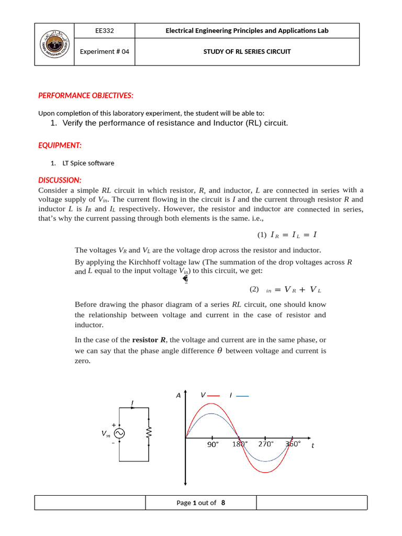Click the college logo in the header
click(54, 44)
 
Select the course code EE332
click(104, 31)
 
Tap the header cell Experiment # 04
click(104, 51)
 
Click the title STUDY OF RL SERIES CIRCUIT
click(247, 51)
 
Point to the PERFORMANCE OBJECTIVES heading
click(86, 95)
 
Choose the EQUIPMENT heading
click(60, 145)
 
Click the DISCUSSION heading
click(60, 180)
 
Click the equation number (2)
click(254, 289)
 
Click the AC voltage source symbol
click(119, 433)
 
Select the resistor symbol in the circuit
click(149, 433)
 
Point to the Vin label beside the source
click(106, 434)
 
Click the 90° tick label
click(212, 444)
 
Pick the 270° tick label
click(266, 444)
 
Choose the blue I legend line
click(243, 396)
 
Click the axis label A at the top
click(178, 396)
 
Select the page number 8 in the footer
click(224, 502)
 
